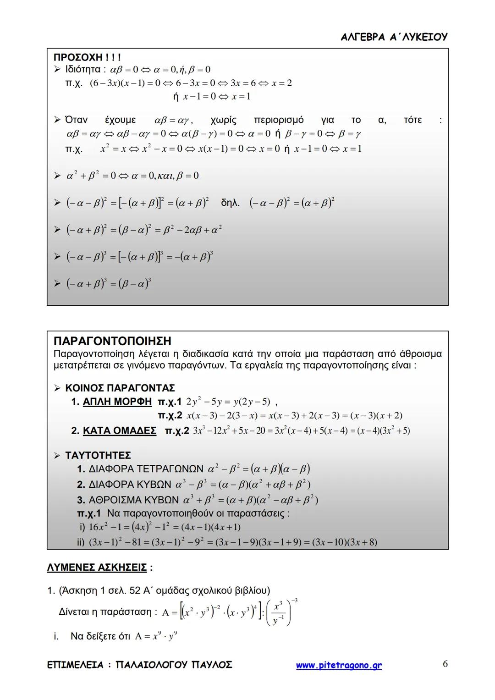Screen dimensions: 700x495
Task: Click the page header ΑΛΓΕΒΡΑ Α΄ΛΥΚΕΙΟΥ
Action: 394,37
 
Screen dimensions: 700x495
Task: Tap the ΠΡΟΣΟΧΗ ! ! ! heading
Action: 87,58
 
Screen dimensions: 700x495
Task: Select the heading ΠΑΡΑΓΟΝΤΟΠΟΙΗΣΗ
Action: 112,341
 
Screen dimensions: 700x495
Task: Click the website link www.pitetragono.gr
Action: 339,665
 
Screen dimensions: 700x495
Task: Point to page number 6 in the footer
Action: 445,664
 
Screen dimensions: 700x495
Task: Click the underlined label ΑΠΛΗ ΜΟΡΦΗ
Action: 117,402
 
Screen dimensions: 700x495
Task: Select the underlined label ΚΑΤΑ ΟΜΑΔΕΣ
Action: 119,431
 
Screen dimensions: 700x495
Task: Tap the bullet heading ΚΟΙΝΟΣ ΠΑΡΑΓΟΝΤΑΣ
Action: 120,388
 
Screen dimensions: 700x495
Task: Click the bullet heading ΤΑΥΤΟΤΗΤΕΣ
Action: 98,455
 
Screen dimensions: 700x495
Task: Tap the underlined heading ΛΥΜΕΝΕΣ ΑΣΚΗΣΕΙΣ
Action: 97,568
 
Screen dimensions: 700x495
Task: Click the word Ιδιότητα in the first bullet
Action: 83,70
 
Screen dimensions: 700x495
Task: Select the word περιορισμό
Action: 279,120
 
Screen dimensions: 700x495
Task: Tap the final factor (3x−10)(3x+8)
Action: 344,542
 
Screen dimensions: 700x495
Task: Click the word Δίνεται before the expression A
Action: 77,612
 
